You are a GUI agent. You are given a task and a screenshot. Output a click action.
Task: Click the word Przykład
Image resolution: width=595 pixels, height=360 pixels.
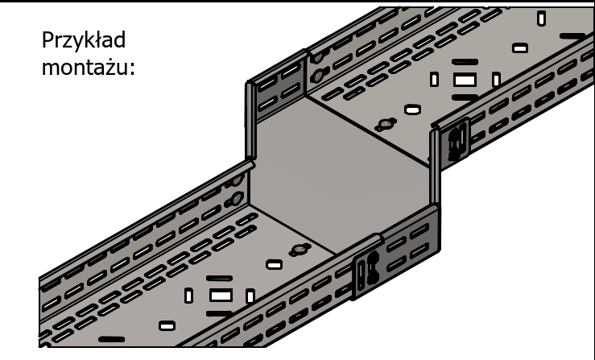pos(84,40)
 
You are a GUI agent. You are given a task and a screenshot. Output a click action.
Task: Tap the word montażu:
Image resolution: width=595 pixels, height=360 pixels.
pos(88,68)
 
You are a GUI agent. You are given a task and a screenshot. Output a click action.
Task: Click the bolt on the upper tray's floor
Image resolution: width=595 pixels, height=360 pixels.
pos(386,124)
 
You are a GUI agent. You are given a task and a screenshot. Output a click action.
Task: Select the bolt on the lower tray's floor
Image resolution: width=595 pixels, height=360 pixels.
pos(300,250)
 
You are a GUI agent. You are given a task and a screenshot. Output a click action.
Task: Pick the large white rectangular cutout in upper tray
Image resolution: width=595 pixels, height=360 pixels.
pos(465,80)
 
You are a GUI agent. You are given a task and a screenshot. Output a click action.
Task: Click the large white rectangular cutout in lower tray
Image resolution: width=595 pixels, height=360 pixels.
pos(221,295)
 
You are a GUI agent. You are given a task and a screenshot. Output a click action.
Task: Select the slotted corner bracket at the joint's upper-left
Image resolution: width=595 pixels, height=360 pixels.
pos(276,87)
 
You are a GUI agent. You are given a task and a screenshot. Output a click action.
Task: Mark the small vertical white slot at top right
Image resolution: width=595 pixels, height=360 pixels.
pos(542,19)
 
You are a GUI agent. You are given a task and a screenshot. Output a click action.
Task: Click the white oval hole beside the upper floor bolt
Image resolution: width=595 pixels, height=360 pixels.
pos(412,110)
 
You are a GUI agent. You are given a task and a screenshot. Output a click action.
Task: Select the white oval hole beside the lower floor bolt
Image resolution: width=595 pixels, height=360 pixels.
pos(274,264)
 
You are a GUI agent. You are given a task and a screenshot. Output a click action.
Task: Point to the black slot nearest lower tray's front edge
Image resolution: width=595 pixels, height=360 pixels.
pos(112,339)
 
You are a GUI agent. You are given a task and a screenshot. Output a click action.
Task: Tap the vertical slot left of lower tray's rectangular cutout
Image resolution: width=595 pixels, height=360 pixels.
pos(188,296)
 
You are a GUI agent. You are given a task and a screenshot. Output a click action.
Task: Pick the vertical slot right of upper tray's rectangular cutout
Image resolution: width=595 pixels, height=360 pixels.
pos(496,80)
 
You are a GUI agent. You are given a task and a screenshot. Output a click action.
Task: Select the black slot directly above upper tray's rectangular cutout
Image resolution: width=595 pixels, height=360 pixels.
pos(465,61)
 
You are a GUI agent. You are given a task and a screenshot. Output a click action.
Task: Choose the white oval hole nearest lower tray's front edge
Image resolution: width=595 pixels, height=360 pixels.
pos(167,326)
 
